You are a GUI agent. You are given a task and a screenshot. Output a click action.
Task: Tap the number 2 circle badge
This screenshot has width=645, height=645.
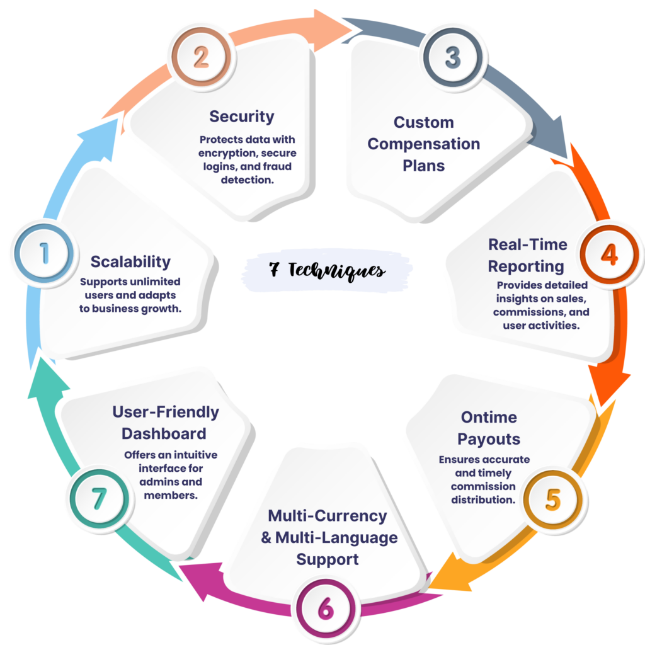(x=201, y=58)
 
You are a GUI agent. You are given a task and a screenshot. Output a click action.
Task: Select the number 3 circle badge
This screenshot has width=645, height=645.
(x=453, y=57)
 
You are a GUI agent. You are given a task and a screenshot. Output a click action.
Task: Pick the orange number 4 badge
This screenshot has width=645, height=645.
(x=608, y=255)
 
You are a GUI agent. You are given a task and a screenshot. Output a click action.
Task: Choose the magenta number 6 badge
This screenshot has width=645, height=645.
(x=325, y=609)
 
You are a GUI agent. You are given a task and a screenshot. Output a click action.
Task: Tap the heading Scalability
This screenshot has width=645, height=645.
(x=130, y=261)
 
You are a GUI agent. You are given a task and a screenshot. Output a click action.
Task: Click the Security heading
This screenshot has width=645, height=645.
(x=242, y=117)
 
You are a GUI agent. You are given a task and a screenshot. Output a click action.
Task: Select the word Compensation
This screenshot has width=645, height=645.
(x=423, y=144)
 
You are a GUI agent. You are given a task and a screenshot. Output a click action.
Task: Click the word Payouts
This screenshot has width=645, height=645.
(x=488, y=439)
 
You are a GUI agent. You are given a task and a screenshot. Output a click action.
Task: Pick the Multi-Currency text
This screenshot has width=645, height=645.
(x=328, y=516)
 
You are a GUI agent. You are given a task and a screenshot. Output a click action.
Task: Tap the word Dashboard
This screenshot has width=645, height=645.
(x=164, y=434)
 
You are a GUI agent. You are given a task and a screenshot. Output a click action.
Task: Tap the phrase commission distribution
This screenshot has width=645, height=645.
(x=483, y=493)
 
